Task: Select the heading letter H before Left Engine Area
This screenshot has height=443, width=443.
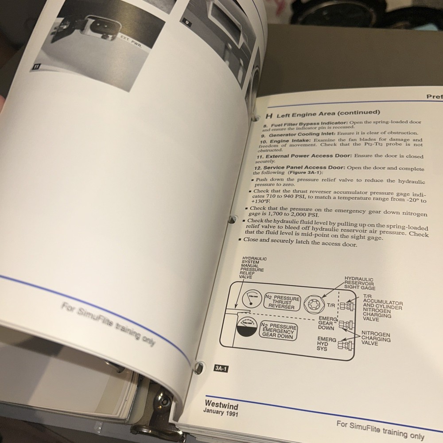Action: tap(268, 116)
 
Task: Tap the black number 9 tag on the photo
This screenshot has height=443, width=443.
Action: tap(186, 21)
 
